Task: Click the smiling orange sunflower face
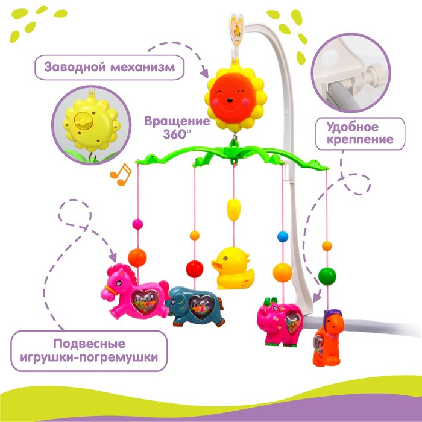(231, 96)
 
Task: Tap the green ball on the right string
(327, 276)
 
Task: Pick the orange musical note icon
(120, 174)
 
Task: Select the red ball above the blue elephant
(194, 268)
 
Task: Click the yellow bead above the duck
(233, 212)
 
